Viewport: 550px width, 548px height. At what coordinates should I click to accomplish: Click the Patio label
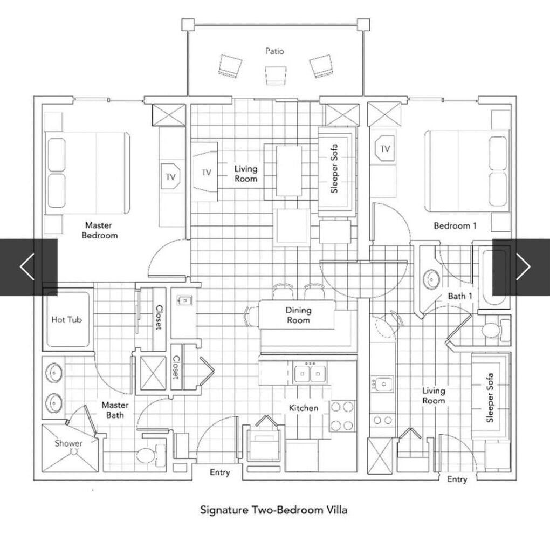tap(274, 51)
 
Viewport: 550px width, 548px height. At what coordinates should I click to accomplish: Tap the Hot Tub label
tap(67, 319)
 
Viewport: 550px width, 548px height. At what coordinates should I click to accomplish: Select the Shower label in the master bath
tap(68, 443)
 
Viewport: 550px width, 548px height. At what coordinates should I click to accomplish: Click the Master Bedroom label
tap(99, 230)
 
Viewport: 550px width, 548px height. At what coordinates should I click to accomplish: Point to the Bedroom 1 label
tap(455, 226)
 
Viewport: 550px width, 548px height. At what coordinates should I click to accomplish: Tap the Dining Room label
tap(298, 315)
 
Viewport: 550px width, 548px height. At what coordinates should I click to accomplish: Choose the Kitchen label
tap(304, 408)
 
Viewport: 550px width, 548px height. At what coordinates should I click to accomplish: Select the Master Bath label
tap(115, 410)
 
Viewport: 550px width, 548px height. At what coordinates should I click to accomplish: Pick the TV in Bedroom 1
tap(385, 148)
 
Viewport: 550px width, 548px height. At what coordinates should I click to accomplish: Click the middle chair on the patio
tap(275, 75)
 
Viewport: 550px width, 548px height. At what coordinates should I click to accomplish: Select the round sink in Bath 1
tap(431, 279)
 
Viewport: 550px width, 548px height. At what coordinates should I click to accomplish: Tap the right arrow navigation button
tap(521, 267)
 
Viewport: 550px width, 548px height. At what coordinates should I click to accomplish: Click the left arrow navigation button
tap(28, 267)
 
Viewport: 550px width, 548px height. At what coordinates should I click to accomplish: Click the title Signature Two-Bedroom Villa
tap(274, 510)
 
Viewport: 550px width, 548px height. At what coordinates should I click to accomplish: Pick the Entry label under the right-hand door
tap(457, 479)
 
